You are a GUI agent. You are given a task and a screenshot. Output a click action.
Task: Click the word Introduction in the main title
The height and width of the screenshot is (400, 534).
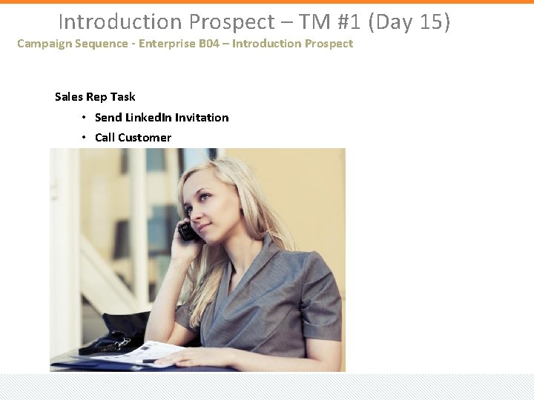[x=120, y=21]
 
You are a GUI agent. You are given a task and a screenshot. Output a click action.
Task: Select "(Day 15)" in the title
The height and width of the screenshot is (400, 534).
[x=413, y=21]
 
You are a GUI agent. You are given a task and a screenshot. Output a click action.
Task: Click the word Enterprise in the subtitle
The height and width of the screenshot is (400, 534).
[x=165, y=44]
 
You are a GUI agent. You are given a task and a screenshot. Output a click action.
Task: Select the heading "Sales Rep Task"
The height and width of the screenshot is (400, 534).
[x=95, y=97]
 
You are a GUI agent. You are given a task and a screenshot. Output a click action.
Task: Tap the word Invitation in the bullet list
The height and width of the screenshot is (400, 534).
[x=202, y=118]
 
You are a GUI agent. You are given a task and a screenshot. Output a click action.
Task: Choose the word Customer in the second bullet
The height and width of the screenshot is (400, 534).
[x=144, y=138]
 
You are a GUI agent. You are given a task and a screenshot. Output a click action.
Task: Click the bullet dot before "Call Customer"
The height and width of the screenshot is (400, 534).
[x=85, y=137]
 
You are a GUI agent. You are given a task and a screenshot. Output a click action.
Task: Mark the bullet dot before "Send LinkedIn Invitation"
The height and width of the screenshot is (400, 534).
[x=85, y=117]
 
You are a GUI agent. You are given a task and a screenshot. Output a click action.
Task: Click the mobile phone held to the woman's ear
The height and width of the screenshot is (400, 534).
[x=187, y=232]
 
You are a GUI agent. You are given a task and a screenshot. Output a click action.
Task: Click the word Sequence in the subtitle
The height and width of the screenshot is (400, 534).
[x=97, y=44]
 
